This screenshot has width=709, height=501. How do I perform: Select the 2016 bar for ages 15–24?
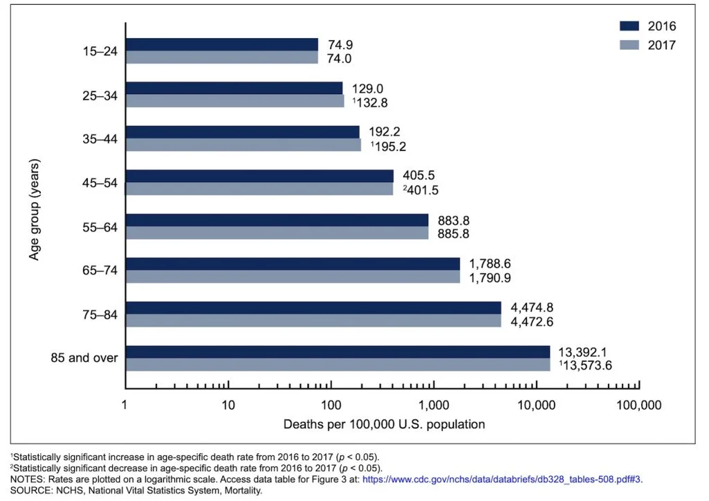click(x=222, y=45)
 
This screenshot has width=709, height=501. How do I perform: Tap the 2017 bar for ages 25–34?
click(x=235, y=101)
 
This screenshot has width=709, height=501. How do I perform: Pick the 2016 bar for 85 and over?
click(x=337, y=352)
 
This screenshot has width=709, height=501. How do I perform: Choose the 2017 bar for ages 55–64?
click(x=277, y=234)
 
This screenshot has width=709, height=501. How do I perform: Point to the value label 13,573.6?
click(x=586, y=365)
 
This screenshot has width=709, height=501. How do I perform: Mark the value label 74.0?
click(x=339, y=59)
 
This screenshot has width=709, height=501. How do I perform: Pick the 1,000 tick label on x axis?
click(x=433, y=405)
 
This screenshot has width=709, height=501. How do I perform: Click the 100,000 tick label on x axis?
click(x=638, y=405)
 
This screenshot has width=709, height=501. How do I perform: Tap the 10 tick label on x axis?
click(x=228, y=405)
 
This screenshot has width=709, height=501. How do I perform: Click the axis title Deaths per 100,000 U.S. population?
click(x=384, y=423)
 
